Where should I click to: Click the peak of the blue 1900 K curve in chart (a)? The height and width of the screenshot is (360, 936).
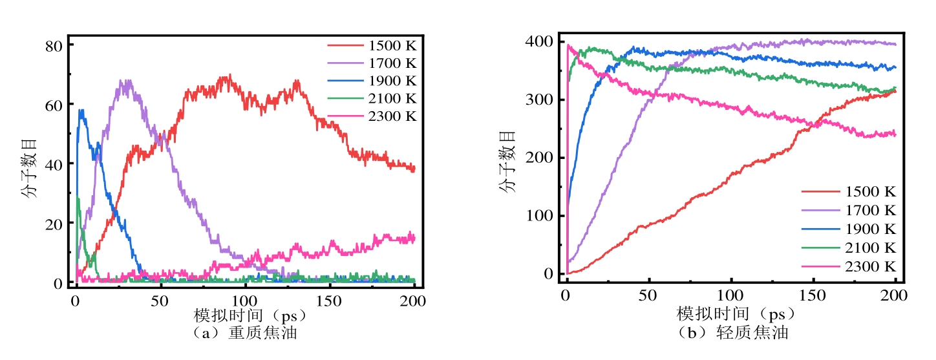pyautogui.click(x=81, y=110)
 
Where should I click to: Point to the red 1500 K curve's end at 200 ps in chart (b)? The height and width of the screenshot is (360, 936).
pyautogui.click(x=895, y=91)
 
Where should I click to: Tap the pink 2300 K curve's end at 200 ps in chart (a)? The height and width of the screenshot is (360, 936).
pyautogui.click(x=414, y=238)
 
